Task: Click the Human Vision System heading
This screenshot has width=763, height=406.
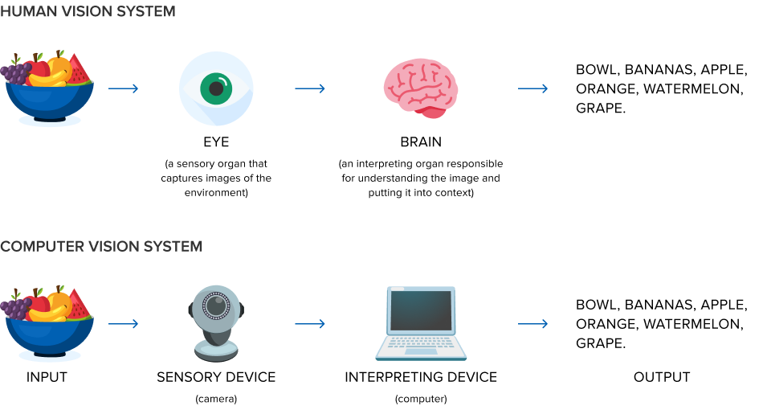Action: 88,12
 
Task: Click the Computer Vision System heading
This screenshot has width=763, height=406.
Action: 101,246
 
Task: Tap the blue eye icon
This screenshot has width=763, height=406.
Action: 216,88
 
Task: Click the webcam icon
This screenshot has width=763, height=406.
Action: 216,322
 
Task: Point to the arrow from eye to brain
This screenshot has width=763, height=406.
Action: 310,88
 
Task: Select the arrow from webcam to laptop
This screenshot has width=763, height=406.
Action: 310,324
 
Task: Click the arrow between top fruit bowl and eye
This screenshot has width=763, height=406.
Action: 124,88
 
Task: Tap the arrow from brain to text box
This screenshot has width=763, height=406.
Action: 533,88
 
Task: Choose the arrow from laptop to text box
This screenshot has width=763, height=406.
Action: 533,324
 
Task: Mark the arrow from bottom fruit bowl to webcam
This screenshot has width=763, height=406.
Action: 124,324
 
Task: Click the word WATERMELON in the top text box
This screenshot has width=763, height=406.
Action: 693,88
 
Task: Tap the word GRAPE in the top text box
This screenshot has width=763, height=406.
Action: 598,108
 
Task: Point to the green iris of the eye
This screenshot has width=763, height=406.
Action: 216,88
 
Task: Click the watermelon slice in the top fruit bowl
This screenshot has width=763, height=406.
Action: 79,71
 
